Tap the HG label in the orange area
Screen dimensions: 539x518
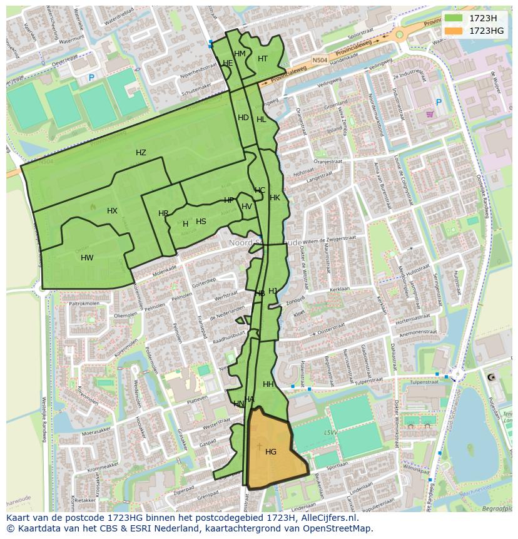(271, 451)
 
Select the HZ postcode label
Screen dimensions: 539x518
(141, 153)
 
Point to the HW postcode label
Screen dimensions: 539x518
(87, 257)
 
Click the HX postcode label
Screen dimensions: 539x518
(112, 211)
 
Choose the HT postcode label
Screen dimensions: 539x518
(263, 59)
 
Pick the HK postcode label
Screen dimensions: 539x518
(275, 198)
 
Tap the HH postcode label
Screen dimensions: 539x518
(268, 384)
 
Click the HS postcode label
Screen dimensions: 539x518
(201, 222)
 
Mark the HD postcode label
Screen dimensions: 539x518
(243, 118)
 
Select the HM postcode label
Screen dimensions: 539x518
(240, 54)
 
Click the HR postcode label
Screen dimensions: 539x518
(163, 213)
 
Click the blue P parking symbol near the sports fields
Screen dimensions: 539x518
(91, 78)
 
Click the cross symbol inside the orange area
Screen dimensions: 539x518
(259, 446)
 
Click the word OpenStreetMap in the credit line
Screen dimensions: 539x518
(337, 528)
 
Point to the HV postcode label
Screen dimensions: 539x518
(246, 207)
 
